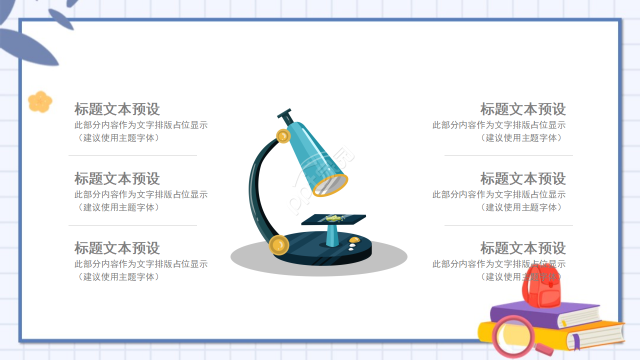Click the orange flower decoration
click(40, 101)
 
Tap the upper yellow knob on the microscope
click(283, 135)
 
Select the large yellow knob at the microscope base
click(278, 245)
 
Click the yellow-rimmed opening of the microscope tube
click(330, 185)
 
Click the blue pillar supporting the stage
click(332, 235)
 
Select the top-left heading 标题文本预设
click(117, 109)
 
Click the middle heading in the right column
click(523, 178)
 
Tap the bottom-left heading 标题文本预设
click(117, 248)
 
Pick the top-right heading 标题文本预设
click(523, 109)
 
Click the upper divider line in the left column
click(132, 155)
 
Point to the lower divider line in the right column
click(508, 225)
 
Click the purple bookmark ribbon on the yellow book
click(576, 342)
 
